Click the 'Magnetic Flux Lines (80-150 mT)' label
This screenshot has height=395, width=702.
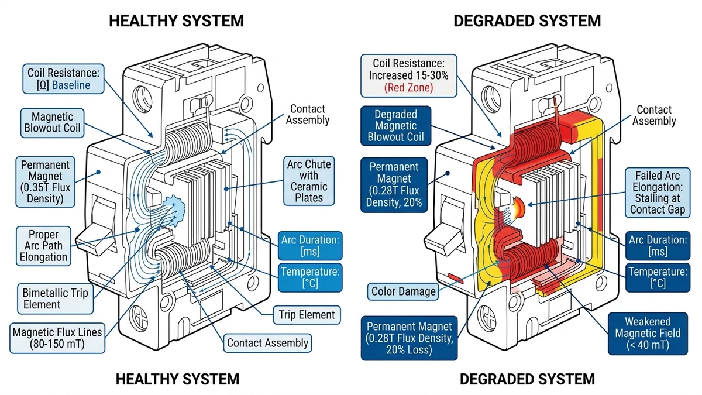click(57, 338)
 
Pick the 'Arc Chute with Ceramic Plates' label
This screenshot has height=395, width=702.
click(309, 180)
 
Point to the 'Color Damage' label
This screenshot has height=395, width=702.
click(404, 291)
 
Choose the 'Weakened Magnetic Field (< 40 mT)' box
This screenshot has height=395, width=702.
click(647, 334)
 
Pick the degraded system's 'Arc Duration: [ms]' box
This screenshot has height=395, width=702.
click(656, 246)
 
